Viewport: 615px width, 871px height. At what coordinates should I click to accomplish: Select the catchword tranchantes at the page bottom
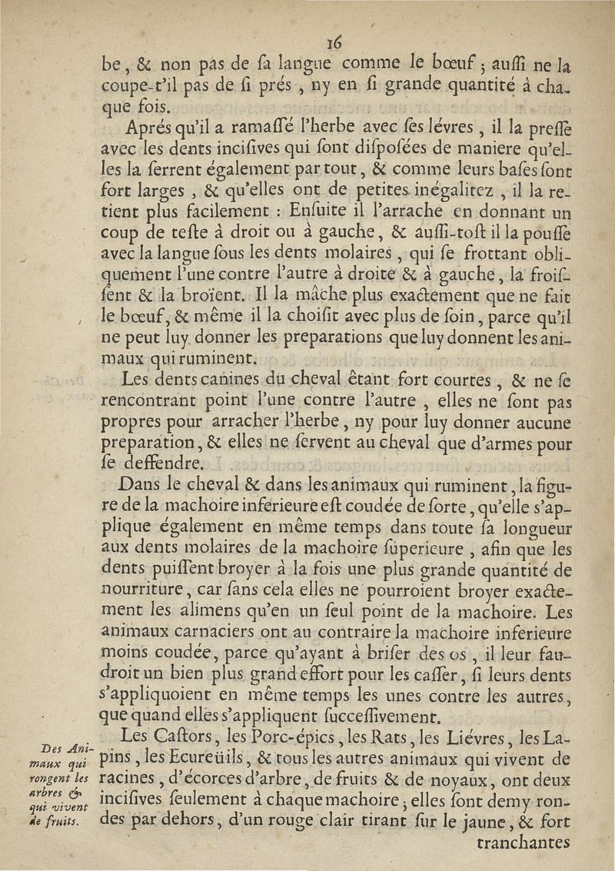click(x=524, y=846)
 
